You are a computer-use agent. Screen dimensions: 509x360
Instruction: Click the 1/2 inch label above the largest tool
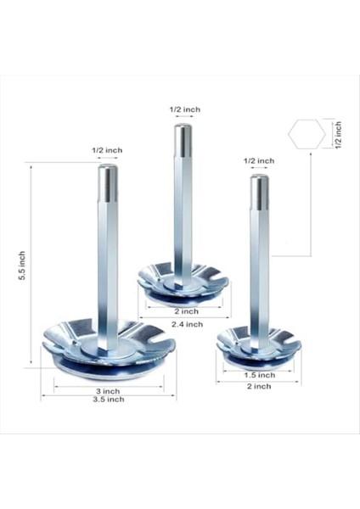tap(107, 150)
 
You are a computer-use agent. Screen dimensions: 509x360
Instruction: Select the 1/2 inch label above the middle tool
tap(184, 109)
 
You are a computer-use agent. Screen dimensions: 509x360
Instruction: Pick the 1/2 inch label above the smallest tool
tap(259, 160)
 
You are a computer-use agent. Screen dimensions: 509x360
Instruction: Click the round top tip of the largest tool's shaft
tap(108, 172)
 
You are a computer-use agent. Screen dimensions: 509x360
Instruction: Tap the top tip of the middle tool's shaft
tap(183, 131)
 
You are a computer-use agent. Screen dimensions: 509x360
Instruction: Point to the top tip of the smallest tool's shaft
tap(260, 182)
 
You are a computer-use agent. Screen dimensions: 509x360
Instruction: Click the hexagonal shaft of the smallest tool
tap(260, 255)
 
